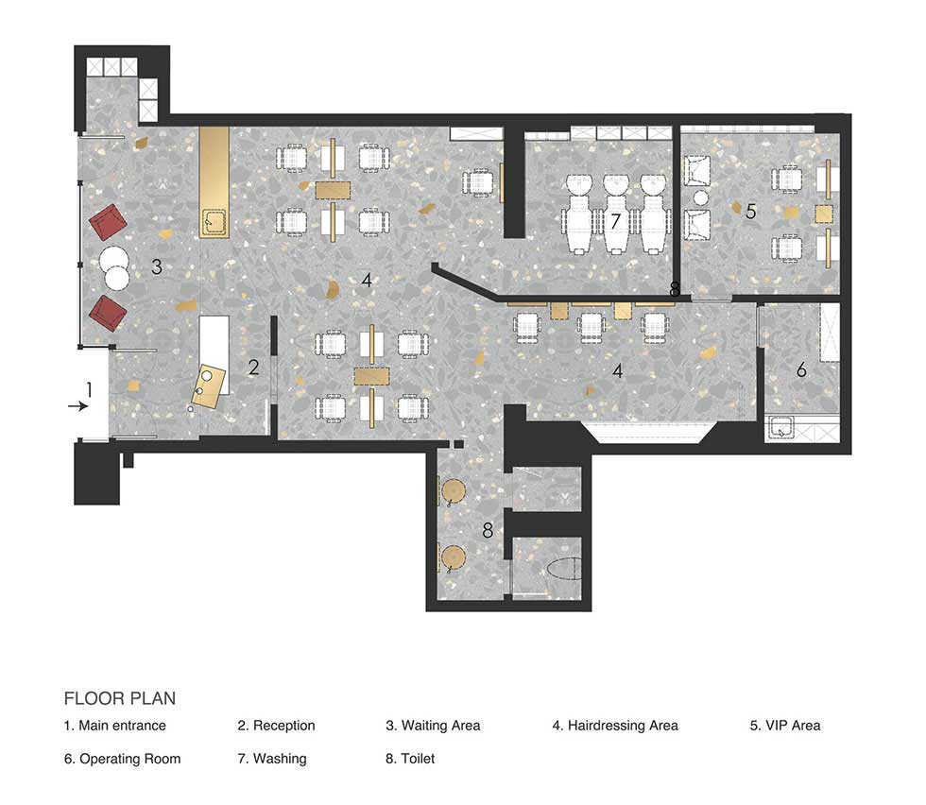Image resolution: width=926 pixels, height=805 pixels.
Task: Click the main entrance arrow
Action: [77, 406]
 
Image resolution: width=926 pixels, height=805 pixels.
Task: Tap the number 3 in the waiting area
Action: [157, 267]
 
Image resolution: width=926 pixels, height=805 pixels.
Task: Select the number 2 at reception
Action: [253, 368]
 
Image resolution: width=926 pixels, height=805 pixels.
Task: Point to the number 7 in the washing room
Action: [615, 221]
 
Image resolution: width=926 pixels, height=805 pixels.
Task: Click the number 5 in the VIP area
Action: [750, 211]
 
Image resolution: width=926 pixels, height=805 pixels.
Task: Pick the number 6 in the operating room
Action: [801, 369]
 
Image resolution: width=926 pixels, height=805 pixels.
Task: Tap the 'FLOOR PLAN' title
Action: [120, 698]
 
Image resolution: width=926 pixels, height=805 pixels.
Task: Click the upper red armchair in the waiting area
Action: [108, 222]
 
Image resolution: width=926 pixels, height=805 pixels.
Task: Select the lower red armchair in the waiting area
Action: [108, 314]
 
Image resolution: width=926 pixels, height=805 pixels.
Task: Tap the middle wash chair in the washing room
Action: [615, 214]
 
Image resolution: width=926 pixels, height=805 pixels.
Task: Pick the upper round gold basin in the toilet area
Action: [454, 491]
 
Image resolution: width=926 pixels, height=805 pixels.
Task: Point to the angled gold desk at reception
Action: [210, 386]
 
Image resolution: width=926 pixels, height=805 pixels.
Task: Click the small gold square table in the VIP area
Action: [824, 213]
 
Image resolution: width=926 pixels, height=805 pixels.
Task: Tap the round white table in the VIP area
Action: [700, 198]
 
